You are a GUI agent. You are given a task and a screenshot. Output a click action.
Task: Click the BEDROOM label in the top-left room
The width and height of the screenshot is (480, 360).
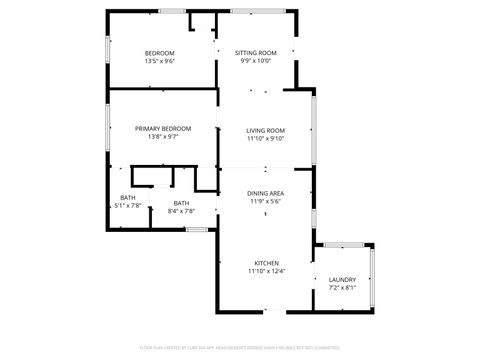tap(160, 52)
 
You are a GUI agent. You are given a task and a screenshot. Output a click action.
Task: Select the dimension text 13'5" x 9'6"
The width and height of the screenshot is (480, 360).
tap(160, 61)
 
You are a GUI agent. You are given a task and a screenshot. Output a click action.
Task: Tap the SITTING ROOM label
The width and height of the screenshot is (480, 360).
tap(256, 52)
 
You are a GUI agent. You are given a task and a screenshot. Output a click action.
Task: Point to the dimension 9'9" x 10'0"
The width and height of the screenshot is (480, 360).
tap(256, 61)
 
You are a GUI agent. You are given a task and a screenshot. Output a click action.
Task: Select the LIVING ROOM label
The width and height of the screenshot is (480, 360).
tap(266, 130)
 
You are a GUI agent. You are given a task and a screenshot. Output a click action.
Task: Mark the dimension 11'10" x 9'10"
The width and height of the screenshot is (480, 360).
tap(266, 139)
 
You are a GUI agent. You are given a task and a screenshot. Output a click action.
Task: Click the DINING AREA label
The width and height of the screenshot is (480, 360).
tap(266, 193)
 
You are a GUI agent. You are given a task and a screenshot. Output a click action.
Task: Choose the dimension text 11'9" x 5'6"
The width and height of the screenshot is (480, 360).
tap(266, 201)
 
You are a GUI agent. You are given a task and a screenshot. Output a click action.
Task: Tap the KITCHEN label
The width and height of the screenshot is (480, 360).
tap(266, 263)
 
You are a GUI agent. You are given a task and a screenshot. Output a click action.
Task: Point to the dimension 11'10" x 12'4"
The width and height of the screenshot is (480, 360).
tap(266, 271)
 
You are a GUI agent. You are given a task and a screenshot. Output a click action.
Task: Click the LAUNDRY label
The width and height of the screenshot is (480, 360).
tap(342, 279)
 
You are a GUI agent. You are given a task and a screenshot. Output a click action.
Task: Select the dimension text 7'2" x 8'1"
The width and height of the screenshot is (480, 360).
tap(342, 288)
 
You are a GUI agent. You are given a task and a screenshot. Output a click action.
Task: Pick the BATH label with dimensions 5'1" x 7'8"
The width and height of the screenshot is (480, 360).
tap(128, 197)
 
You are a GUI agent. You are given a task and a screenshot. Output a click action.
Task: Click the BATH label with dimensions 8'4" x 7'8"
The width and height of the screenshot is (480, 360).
tap(181, 203)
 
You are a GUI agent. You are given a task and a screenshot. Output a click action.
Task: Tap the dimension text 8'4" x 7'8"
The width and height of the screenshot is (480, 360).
tap(181, 211)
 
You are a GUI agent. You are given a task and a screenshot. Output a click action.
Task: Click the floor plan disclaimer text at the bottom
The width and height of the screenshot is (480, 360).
tap(239, 349)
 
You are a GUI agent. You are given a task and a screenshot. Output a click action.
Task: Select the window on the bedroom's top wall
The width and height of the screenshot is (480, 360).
tap(172, 11)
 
